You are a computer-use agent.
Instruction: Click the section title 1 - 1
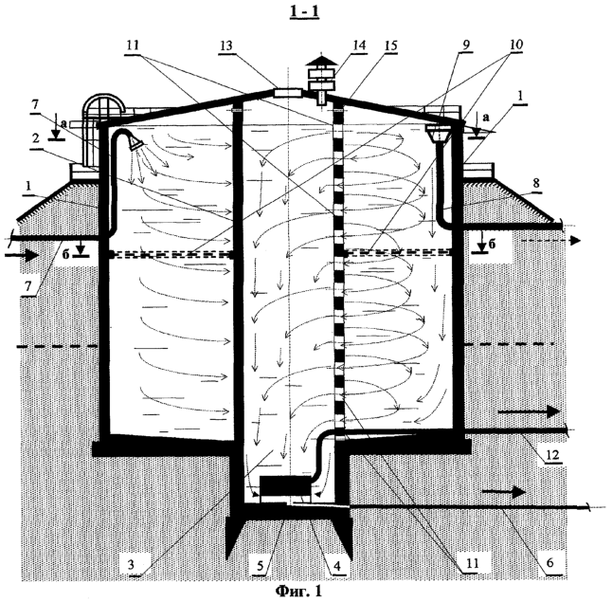coord(304,11)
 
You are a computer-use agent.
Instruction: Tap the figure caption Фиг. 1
coord(298,591)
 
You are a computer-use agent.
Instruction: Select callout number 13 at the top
coord(226,46)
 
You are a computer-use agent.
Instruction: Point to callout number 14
coord(359,46)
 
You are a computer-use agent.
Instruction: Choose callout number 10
coord(516,45)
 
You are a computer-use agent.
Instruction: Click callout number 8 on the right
coord(536,183)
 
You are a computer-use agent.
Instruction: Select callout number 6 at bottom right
coord(549,562)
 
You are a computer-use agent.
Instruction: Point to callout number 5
coord(261,565)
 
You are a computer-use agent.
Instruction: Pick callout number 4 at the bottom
coord(337,565)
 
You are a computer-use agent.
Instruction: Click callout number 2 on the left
coord(36,138)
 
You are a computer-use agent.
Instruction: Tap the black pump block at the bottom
coord(285,486)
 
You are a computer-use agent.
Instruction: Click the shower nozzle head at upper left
coord(135,142)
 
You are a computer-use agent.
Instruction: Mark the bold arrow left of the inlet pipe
coord(22,256)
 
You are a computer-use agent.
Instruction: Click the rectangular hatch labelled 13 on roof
coord(288,93)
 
